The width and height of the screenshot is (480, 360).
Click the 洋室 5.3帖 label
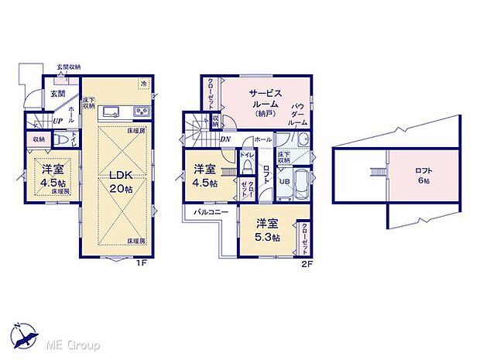(x=267, y=231)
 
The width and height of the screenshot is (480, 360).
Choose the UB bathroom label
(x=284, y=182)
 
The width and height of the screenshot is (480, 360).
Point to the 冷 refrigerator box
(x=144, y=83)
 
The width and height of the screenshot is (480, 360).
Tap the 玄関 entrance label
(x=58, y=93)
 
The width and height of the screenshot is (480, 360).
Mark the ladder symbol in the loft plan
(x=378, y=172)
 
